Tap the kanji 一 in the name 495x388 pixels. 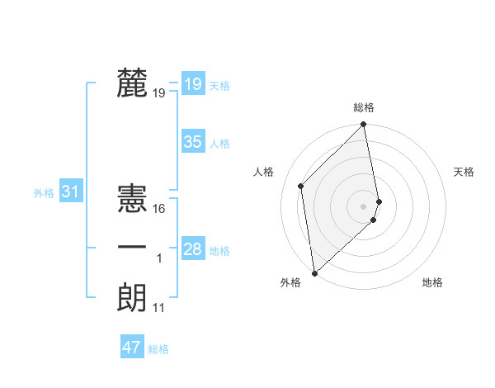click(x=132, y=248)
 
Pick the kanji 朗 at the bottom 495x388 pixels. click(x=132, y=297)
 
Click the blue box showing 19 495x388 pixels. click(x=192, y=83)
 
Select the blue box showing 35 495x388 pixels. click(x=192, y=142)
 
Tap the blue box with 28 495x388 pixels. click(x=192, y=249)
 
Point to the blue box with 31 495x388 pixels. click(x=70, y=192)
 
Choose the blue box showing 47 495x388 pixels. click(x=132, y=348)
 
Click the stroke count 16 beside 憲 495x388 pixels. click(x=159, y=209)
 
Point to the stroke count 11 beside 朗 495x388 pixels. click(x=159, y=308)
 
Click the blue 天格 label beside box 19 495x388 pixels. click(x=219, y=85)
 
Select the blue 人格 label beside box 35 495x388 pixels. click(x=219, y=144)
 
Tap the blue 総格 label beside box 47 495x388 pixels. click(x=158, y=349)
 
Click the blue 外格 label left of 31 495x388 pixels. click(x=44, y=193)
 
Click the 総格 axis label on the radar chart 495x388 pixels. click(x=364, y=107)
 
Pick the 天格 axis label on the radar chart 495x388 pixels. click(x=464, y=172)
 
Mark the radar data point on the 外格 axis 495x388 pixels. click(x=314, y=272)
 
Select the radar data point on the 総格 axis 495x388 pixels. click(x=364, y=125)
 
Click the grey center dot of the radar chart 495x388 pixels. click(x=364, y=205)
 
